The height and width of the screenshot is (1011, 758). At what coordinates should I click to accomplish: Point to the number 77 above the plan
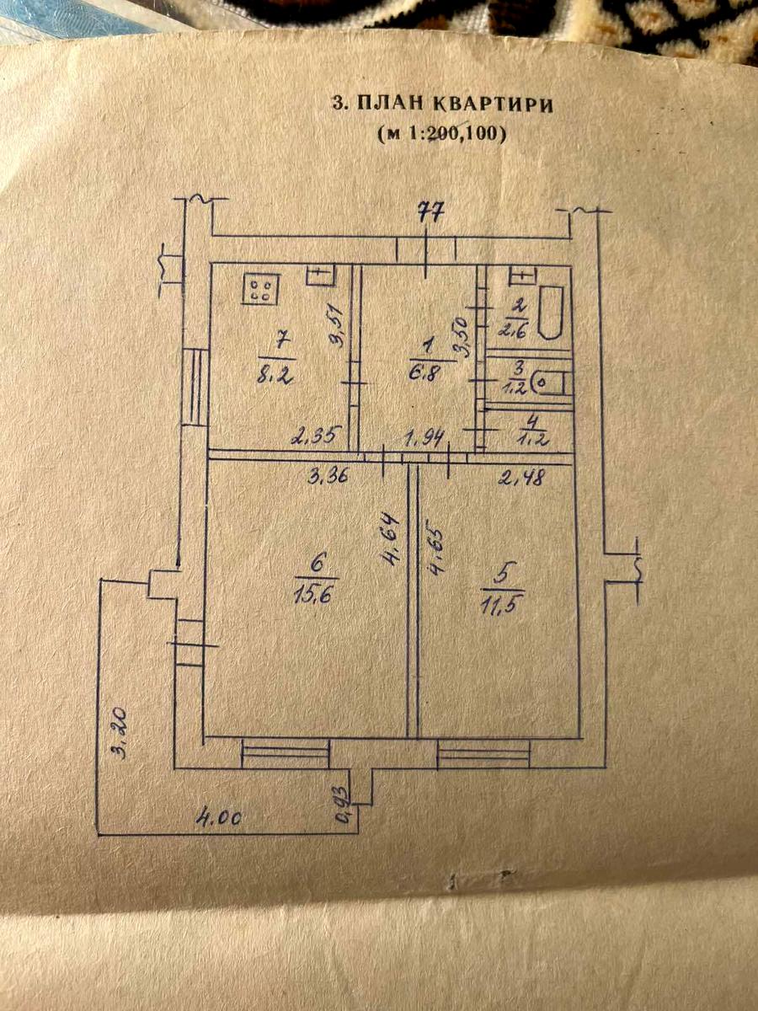click(x=430, y=212)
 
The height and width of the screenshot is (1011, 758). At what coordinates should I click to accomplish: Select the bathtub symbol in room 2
click(x=551, y=313)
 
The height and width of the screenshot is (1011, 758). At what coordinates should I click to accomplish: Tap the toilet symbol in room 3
click(x=551, y=382)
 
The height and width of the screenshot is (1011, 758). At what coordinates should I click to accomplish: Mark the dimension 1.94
click(x=425, y=438)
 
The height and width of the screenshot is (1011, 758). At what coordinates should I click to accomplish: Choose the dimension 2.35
click(x=312, y=436)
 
